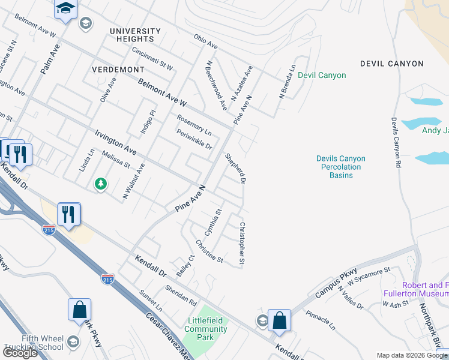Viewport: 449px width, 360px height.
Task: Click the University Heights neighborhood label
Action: (136, 35)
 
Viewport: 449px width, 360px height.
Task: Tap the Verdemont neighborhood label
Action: (118, 70)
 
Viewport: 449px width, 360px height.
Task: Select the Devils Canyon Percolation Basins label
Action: (341, 167)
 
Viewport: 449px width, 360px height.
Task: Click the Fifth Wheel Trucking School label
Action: (34, 343)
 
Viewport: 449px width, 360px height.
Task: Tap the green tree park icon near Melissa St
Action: (101, 184)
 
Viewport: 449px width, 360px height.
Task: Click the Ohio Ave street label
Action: (205, 41)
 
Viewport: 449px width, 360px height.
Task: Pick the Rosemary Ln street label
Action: (194, 124)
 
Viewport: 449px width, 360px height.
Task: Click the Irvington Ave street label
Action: (116, 140)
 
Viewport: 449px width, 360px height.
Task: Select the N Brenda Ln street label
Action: (288, 82)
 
